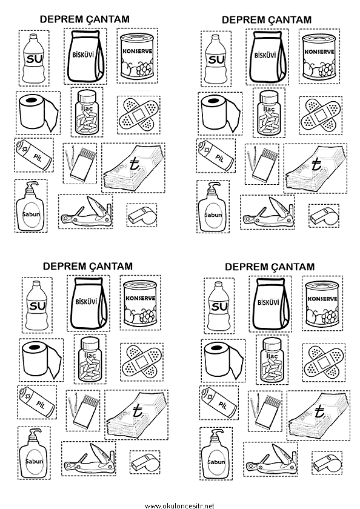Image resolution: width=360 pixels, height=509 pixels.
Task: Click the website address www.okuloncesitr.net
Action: click(x=179, y=505)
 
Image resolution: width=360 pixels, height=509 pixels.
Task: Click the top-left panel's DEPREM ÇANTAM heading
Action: click(x=84, y=19)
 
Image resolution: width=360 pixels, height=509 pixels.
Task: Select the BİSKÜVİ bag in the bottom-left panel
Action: click(x=88, y=303)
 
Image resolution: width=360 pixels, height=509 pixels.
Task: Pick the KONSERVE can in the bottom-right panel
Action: click(x=322, y=304)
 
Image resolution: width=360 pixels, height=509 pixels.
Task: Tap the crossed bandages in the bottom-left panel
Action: click(x=142, y=362)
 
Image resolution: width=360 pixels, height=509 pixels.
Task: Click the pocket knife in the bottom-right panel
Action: click(x=271, y=461)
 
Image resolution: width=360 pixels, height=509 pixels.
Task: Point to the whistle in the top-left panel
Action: click(x=142, y=215)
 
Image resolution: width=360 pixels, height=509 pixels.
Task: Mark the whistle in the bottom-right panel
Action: click(x=327, y=462)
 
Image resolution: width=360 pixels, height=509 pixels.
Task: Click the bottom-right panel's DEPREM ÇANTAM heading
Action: click(x=270, y=267)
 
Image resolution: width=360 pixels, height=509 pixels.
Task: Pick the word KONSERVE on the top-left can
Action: click(x=138, y=51)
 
